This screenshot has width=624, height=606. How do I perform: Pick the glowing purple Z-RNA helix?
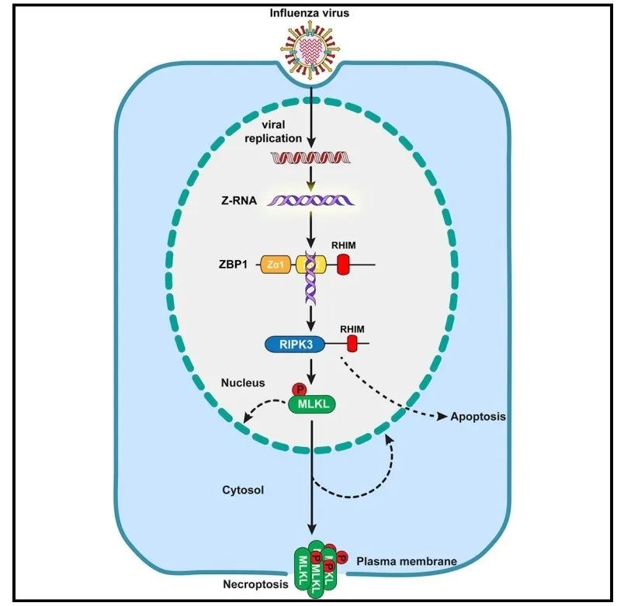pos(311,201)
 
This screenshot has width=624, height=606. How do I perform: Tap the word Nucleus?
pos(241,383)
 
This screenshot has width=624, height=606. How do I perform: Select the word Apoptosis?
pos(478,417)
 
